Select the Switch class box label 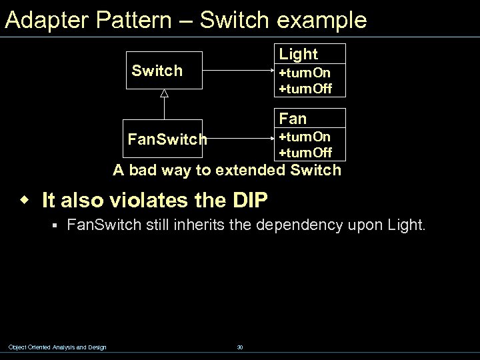coord(157,71)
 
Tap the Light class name coord(298,54)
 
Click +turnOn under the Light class coord(305,72)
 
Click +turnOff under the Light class coord(305,88)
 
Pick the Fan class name coord(293,119)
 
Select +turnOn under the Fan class coord(305,137)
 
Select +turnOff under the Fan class coord(305,153)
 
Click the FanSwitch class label coord(167,140)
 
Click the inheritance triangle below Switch coord(164,94)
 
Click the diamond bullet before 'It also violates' coord(25,199)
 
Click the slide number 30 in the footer coord(239,347)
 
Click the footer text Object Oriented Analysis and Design coord(57,347)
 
